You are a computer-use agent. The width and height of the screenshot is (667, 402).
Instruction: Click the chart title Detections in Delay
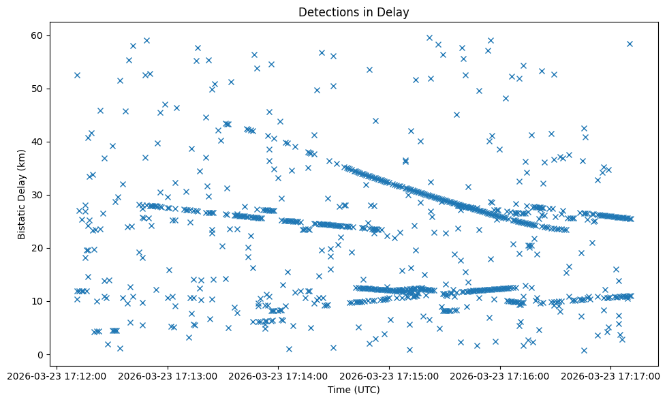[353, 12]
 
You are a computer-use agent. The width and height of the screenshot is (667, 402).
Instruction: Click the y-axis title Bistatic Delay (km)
[21, 188]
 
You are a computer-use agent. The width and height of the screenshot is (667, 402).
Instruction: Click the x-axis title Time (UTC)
[353, 390]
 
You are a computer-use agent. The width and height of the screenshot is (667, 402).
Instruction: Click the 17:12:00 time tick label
[56, 375]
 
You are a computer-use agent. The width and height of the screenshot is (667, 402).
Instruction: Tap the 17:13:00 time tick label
[167, 375]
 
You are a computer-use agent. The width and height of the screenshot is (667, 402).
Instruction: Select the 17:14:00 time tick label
[278, 375]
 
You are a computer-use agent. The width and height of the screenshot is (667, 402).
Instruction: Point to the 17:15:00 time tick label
[389, 375]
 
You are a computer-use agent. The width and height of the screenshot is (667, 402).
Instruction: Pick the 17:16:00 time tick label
[500, 375]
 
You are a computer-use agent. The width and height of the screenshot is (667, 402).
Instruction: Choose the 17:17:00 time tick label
[611, 375]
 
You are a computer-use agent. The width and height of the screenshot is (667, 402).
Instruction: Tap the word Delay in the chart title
[394, 12]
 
